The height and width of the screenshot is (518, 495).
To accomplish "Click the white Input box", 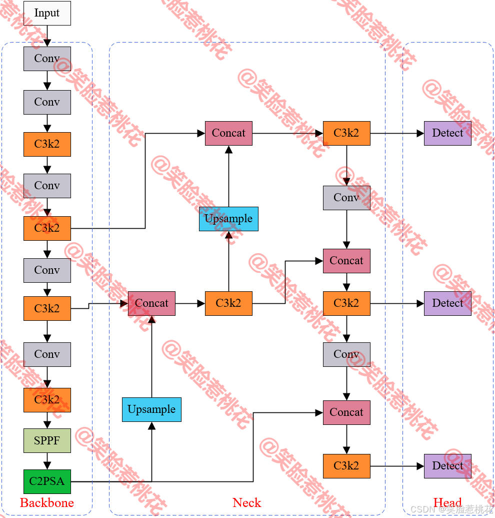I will (47, 13).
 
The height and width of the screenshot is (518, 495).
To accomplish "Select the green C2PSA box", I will (47, 481).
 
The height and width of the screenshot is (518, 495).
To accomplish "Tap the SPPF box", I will (47, 441).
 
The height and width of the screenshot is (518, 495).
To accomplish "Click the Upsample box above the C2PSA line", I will (151, 409).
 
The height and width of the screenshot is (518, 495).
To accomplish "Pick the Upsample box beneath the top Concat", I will (228, 219).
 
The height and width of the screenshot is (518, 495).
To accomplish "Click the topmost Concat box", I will (228, 133).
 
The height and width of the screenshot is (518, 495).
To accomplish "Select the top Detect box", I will (447, 133).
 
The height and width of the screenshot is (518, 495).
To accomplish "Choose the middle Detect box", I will (447, 303).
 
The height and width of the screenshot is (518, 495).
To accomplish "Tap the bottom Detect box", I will (447, 466).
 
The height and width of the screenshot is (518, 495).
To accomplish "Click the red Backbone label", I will (47, 503).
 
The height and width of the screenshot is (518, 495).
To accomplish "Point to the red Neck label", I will (247, 503).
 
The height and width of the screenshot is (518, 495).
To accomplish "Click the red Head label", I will (447, 503).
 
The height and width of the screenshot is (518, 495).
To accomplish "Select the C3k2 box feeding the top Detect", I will (346, 133).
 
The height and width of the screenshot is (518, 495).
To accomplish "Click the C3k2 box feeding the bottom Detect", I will (346, 466).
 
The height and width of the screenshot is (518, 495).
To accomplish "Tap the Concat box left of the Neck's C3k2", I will (151, 303).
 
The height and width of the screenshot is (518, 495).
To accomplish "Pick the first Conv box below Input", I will (47, 59).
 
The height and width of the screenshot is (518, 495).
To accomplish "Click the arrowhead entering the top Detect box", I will (420, 133).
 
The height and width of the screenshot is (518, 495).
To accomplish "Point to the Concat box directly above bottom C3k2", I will (346, 412).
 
